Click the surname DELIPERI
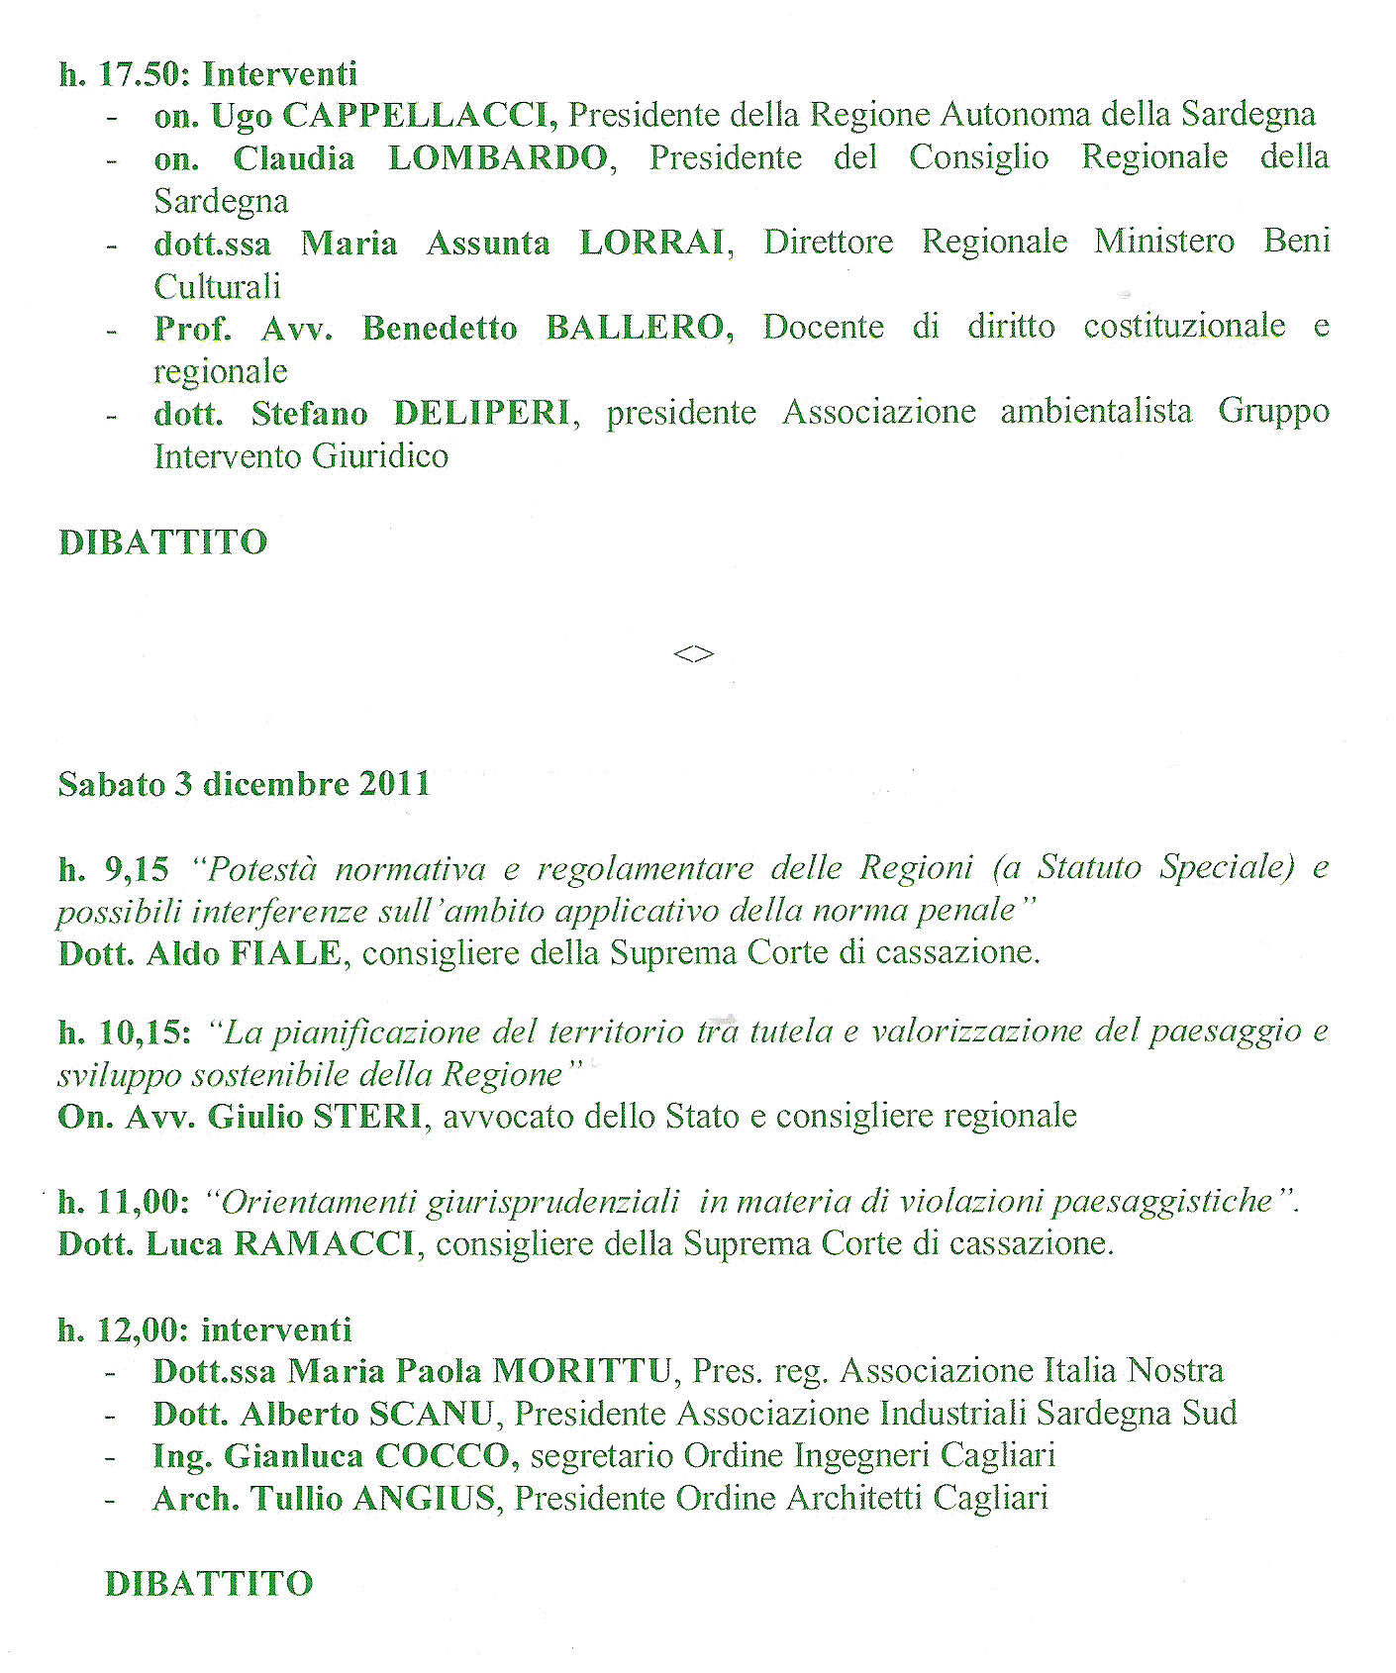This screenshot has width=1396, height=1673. [x=483, y=413]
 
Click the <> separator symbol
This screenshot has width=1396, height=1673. [x=693, y=653]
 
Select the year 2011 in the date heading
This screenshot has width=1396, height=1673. [x=394, y=784]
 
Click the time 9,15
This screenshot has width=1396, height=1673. [x=137, y=869]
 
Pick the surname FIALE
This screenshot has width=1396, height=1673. [x=286, y=953]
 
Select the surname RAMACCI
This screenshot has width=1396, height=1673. [x=325, y=1243]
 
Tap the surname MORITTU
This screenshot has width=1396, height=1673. [x=583, y=1371]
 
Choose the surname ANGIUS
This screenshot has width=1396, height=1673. [x=424, y=1499]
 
